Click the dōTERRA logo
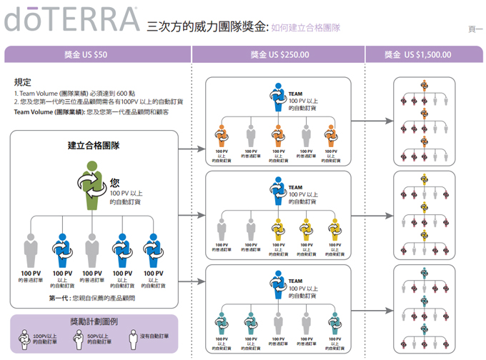(71, 19)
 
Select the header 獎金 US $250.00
(277, 54)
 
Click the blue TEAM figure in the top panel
(277, 98)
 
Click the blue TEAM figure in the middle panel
(277, 191)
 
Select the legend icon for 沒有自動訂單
(131, 336)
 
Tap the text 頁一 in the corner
(475, 29)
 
